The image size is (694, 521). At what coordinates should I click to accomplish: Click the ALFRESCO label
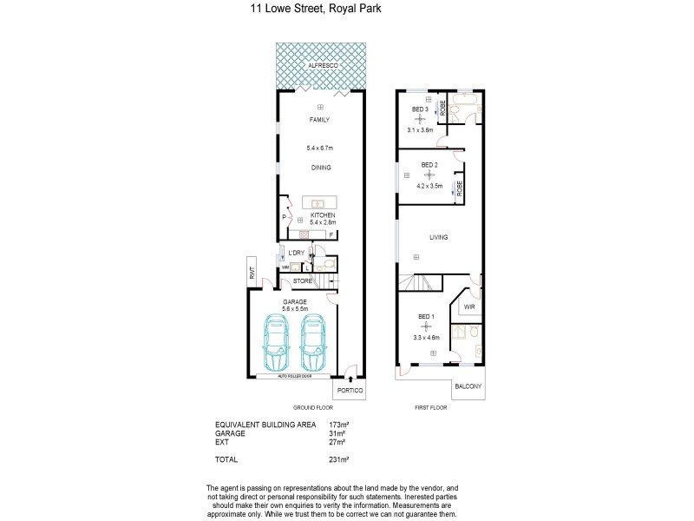click(x=321, y=66)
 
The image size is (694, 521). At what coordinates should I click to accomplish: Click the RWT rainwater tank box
click(x=252, y=272)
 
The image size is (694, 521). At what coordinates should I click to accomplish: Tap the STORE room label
click(x=302, y=281)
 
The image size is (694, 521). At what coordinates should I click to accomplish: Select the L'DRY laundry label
click(x=297, y=253)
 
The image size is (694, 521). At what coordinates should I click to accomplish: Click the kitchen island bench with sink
click(x=319, y=202)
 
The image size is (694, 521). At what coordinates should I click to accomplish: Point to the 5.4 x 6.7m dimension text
click(x=320, y=147)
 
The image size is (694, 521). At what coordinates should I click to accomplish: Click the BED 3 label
click(x=421, y=109)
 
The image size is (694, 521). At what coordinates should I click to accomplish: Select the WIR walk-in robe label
click(x=469, y=307)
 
